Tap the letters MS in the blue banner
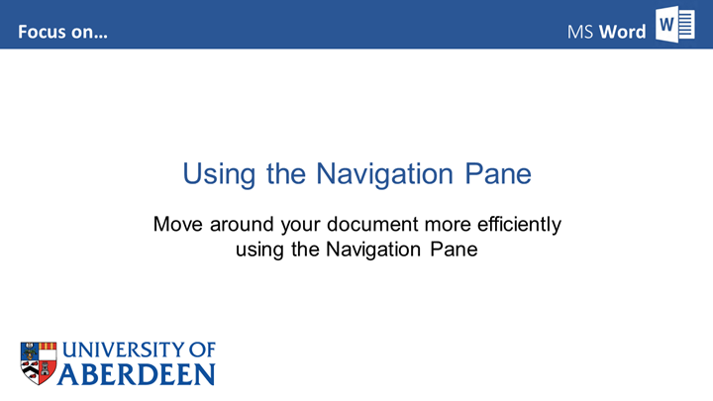click(x=580, y=33)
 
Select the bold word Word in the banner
click(x=622, y=32)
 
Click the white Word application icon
click(x=674, y=25)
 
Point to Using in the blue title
click(x=219, y=174)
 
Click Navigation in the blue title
click(x=384, y=174)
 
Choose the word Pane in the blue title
click(x=498, y=173)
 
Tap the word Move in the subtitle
click(x=178, y=224)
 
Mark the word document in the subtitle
click(x=372, y=224)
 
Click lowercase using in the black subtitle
click(x=259, y=251)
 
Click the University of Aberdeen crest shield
click(x=39, y=363)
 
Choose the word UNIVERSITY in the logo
click(x=123, y=351)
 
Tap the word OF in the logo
click(x=202, y=351)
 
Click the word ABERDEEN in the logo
click(x=136, y=374)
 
